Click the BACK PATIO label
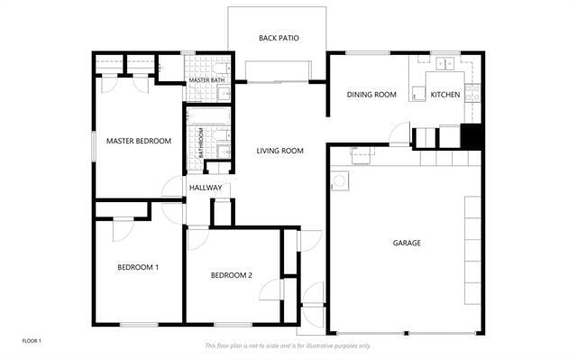point(279,38)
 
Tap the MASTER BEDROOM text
point(139,141)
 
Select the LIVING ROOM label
point(279,151)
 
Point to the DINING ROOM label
point(372,95)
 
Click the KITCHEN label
point(444,95)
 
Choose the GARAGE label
point(407,243)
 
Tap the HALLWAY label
point(206,188)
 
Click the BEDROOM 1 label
point(138,267)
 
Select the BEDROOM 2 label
point(232,275)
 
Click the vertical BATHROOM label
point(200,143)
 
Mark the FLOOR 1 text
point(32,340)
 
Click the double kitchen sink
point(444,64)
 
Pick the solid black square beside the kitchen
point(472,135)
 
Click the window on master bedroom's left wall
point(95,147)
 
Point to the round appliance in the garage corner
point(340,181)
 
